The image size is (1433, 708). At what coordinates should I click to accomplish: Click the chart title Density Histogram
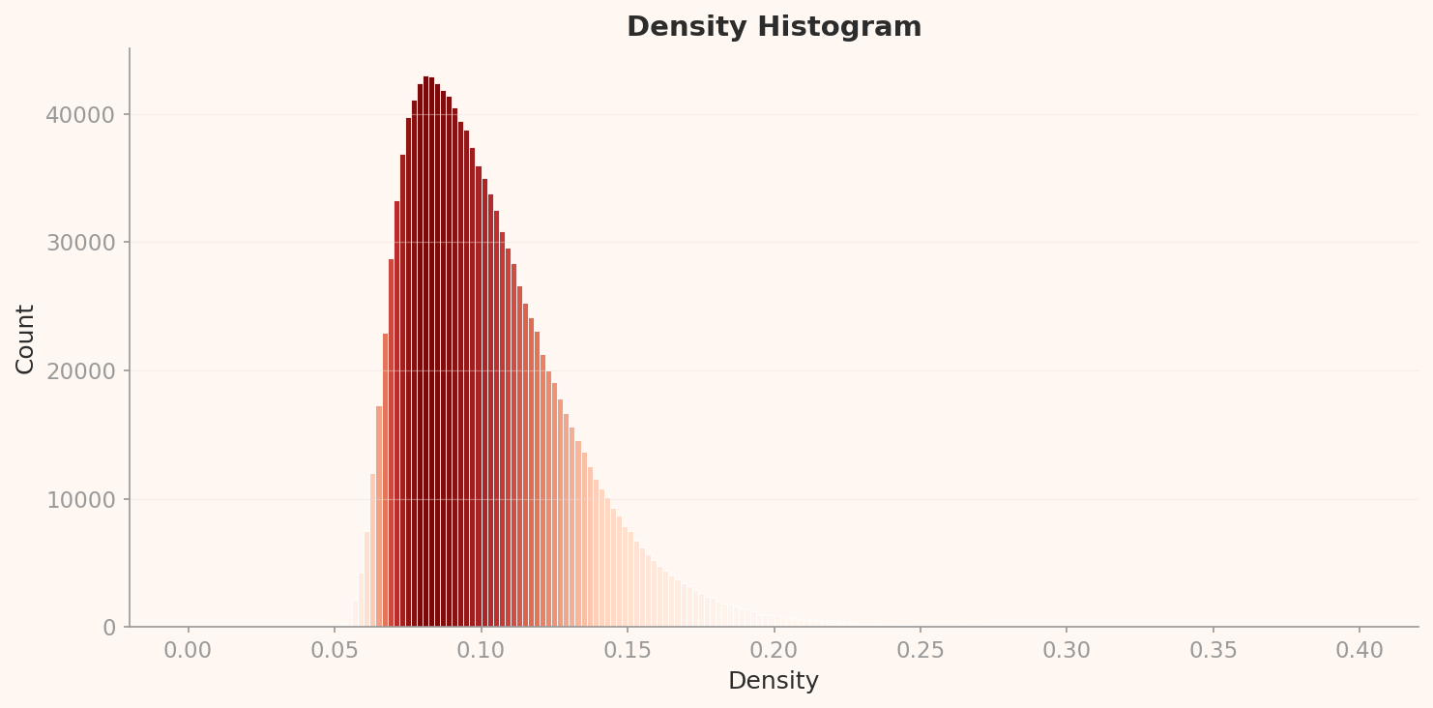pyautogui.click(x=774, y=27)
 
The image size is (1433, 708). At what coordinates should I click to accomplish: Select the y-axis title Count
pyautogui.click(x=25, y=339)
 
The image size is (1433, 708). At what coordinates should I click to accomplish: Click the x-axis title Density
pyautogui.click(x=774, y=681)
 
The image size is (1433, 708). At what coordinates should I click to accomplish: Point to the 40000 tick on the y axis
pyautogui.click(x=80, y=115)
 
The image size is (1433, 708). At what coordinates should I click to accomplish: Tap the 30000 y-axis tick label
pyautogui.click(x=80, y=243)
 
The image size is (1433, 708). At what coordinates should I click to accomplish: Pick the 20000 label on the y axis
pyautogui.click(x=80, y=371)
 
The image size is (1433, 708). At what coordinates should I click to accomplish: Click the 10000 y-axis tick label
pyautogui.click(x=80, y=500)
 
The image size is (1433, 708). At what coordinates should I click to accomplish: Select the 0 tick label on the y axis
pyautogui.click(x=109, y=628)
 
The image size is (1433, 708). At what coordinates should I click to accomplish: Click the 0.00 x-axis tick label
pyautogui.click(x=188, y=650)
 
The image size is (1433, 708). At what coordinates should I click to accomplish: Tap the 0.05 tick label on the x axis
pyautogui.click(x=335, y=650)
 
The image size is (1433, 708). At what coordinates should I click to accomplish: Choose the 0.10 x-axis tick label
pyautogui.click(x=481, y=650)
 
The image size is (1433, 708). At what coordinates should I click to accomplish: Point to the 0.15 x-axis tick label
pyautogui.click(x=627, y=650)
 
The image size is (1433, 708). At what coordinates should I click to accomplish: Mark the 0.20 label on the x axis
pyautogui.click(x=774, y=650)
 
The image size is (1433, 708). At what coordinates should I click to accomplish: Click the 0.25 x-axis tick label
pyautogui.click(x=920, y=650)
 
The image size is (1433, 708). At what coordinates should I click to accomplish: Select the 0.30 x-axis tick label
pyautogui.click(x=1067, y=650)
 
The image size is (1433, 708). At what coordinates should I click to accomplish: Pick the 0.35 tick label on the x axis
pyautogui.click(x=1213, y=650)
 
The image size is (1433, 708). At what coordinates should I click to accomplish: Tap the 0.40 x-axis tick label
pyautogui.click(x=1359, y=650)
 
